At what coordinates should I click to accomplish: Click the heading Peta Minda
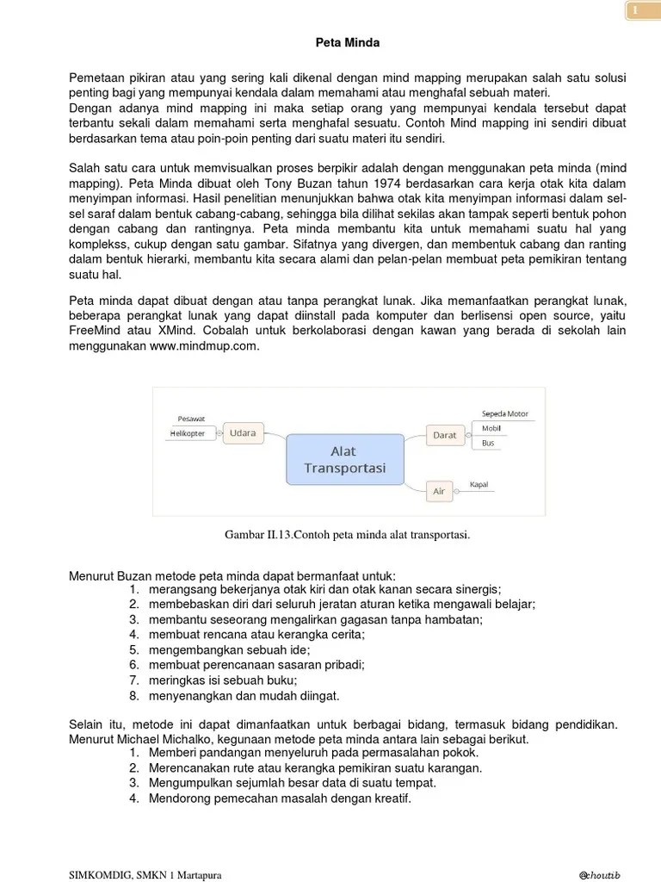point(343,41)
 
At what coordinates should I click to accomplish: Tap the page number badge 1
point(634,10)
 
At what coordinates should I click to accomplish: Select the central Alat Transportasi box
point(344,460)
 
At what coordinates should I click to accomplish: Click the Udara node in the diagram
point(243,433)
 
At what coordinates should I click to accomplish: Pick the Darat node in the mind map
point(444,435)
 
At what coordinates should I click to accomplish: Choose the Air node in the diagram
point(439,491)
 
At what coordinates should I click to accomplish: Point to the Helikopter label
point(188,433)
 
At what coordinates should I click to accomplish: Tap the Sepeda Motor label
point(505,413)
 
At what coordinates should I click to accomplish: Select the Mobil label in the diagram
point(491,428)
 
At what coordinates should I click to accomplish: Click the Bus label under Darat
point(488,443)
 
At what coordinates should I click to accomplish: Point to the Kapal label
point(479,484)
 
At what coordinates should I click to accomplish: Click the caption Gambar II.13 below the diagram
point(347,535)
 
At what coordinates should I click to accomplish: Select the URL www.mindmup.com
point(204,346)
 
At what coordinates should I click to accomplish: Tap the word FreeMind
point(95,331)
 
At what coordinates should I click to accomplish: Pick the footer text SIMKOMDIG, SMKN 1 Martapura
point(145,875)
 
